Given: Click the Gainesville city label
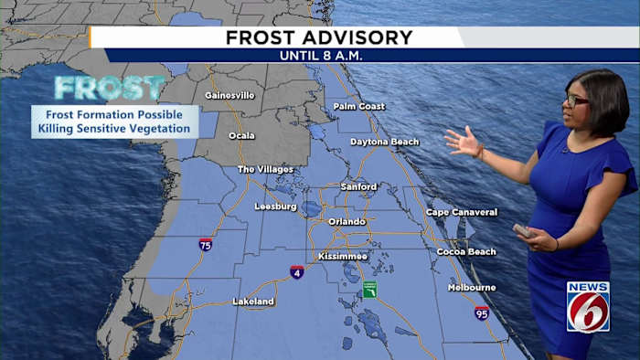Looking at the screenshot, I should [x=229, y=95].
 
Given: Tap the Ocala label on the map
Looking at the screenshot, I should [x=241, y=135].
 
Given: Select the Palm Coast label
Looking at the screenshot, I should [x=359, y=106].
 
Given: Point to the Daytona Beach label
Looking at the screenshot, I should [x=385, y=142].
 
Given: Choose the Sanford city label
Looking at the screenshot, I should [x=358, y=186].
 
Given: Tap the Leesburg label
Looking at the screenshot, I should [x=275, y=206].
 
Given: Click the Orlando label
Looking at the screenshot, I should [x=347, y=221].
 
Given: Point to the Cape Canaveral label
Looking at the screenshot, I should [x=462, y=213].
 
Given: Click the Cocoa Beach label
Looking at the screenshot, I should [x=466, y=251].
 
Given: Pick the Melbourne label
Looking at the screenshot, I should [x=472, y=287].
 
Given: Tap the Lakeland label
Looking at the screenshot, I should [x=253, y=301].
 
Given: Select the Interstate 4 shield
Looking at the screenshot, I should [x=297, y=272].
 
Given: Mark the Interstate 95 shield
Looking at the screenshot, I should [x=482, y=312].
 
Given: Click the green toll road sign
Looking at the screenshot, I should [x=369, y=289].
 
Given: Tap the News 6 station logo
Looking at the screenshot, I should [x=588, y=306].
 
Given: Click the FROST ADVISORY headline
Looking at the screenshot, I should [x=319, y=37].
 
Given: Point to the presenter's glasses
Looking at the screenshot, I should [x=577, y=98].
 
